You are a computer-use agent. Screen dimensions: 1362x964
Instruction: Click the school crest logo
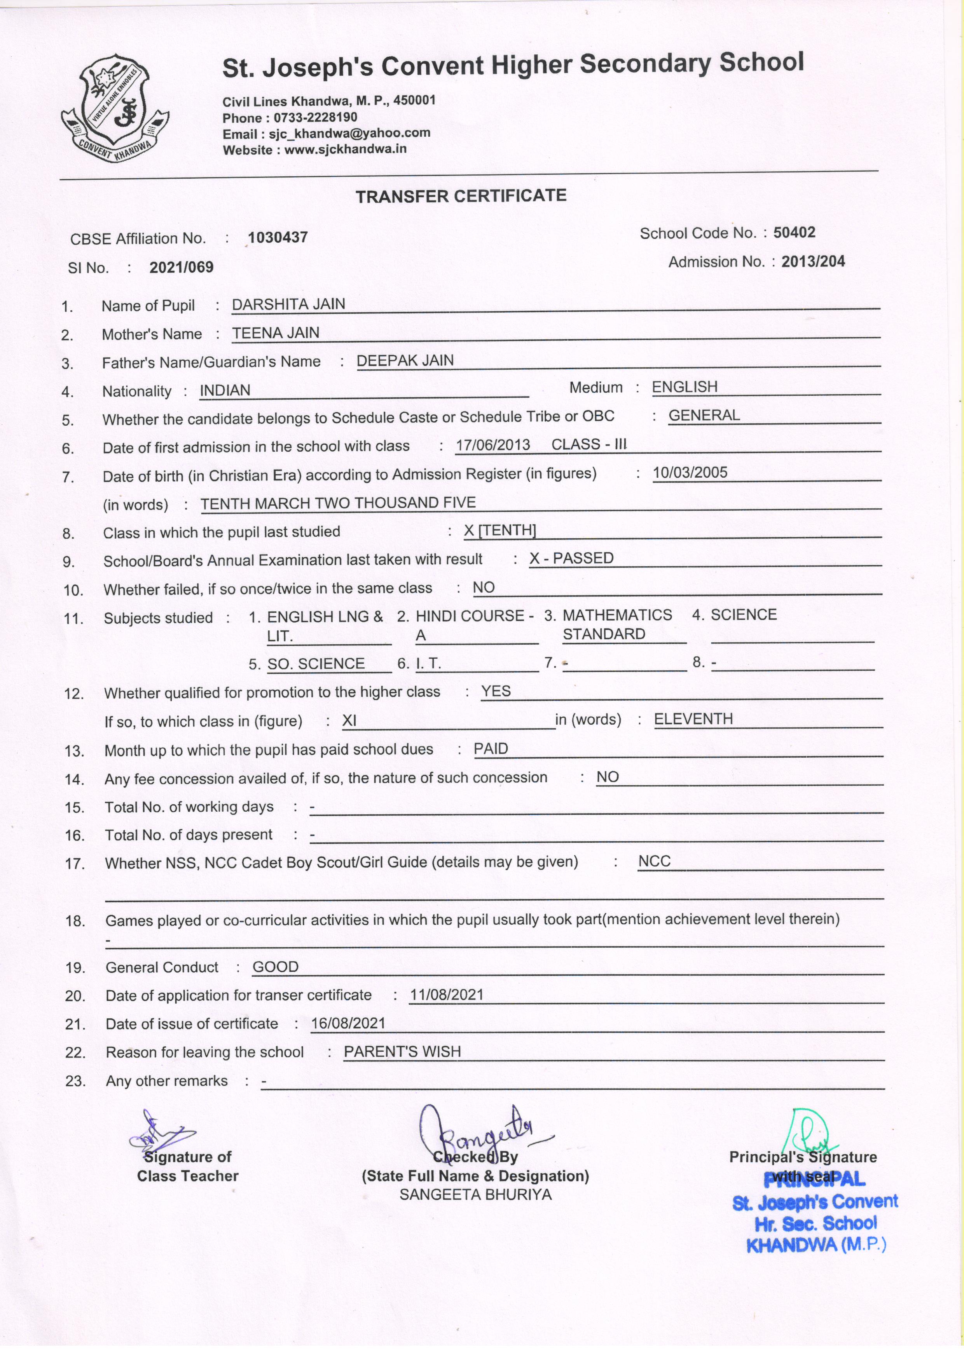coord(115,108)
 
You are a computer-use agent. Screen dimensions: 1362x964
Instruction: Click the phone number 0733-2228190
coord(315,117)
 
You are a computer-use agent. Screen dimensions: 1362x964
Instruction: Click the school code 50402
coord(794,233)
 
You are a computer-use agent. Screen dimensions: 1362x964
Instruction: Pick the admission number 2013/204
coord(813,262)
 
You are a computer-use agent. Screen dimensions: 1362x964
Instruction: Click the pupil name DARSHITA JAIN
coord(288,304)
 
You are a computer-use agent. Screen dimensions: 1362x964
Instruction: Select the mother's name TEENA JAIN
coord(276,333)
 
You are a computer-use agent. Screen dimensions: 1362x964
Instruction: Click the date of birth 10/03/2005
coord(690,473)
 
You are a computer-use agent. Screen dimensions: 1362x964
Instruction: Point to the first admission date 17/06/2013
coord(492,445)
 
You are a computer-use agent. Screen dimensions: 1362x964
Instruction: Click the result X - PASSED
coord(571,558)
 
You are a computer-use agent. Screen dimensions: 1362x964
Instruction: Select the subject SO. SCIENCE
coord(316,663)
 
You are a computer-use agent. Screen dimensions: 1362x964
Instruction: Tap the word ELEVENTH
coord(693,719)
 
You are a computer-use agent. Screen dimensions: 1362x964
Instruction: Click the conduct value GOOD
coord(276,967)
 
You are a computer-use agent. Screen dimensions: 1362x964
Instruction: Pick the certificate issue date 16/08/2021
coord(348,1023)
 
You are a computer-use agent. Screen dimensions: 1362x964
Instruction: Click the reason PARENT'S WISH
coord(402,1052)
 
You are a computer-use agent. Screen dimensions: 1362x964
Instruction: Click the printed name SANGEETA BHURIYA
coord(475,1195)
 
